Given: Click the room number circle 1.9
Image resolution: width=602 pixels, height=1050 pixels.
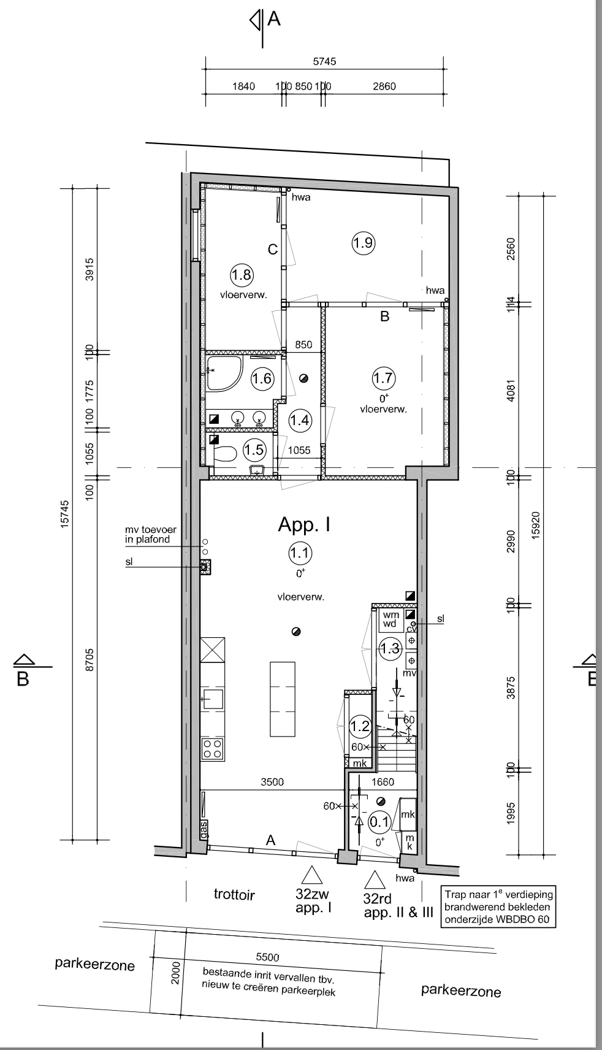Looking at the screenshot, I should click(x=363, y=243).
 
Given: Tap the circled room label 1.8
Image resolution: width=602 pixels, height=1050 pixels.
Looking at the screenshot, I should click(x=242, y=274).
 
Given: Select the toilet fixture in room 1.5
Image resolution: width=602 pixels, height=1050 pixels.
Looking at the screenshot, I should click(x=224, y=454).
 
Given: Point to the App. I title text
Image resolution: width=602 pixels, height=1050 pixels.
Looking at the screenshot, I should click(x=305, y=524).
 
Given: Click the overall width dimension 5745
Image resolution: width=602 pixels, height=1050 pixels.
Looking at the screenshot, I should click(x=324, y=61).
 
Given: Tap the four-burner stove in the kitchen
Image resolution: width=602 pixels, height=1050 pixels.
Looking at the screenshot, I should click(x=213, y=749).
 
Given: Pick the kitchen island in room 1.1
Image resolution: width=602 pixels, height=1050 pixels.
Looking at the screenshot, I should click(x=283, y=699).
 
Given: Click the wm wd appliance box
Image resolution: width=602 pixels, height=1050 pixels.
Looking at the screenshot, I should click(x=391, y=619).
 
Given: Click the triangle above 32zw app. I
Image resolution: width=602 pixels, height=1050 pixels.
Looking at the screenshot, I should click(x=312, y=876).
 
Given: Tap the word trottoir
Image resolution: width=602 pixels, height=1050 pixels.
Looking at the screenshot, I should click(x=234, y=894).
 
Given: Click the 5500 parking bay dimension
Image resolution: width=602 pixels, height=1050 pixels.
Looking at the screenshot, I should click(x=267, y=957).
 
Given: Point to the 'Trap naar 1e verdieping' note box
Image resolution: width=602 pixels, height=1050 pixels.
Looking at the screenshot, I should click(x=498, y=906).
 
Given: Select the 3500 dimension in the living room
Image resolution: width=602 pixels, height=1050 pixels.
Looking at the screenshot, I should click(x=272, y=782).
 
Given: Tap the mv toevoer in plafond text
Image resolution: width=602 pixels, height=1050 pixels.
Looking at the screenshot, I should click(x=147, y=535).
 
